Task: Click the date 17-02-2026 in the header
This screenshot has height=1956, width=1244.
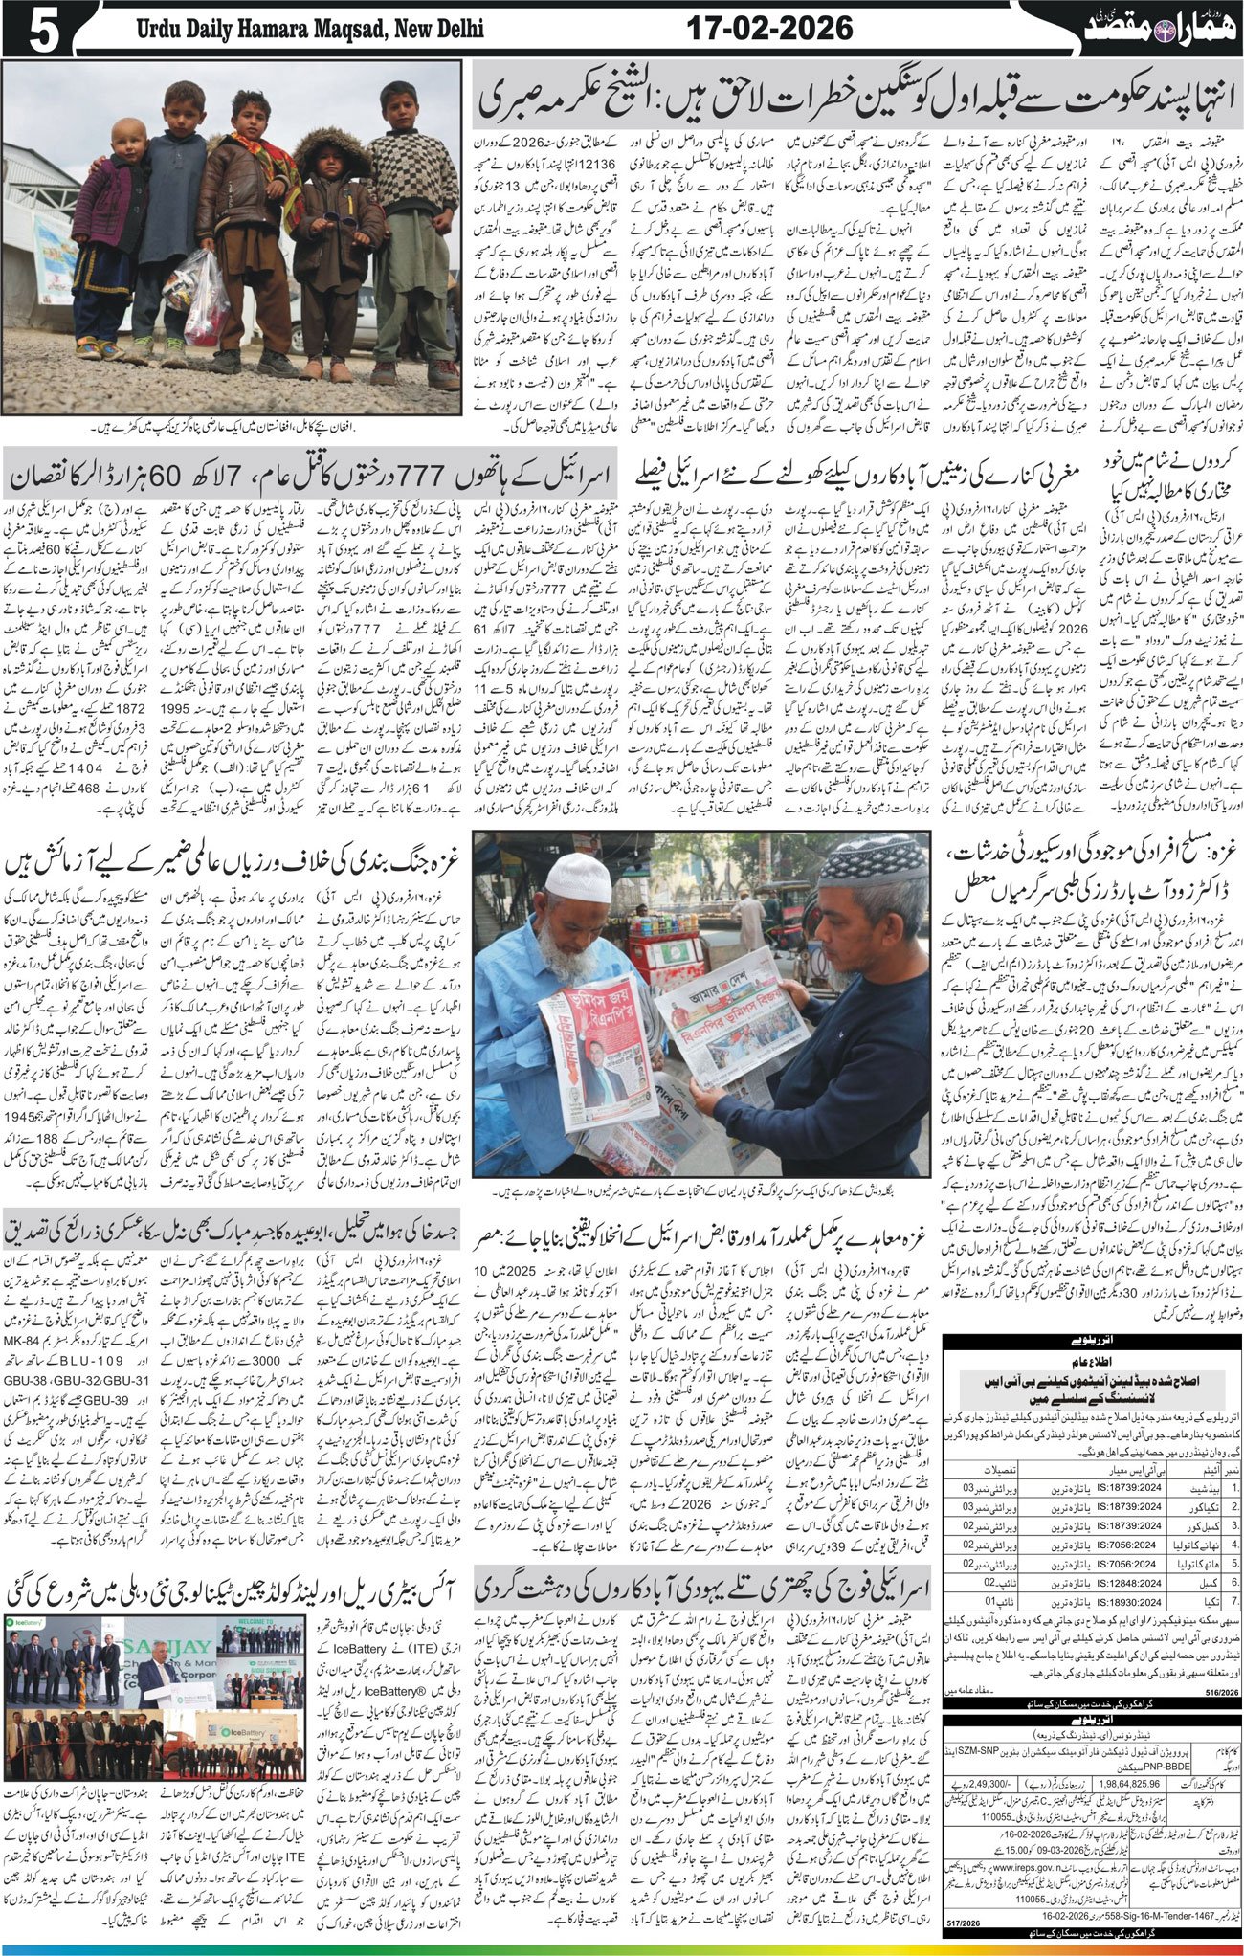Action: point(770,29)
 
